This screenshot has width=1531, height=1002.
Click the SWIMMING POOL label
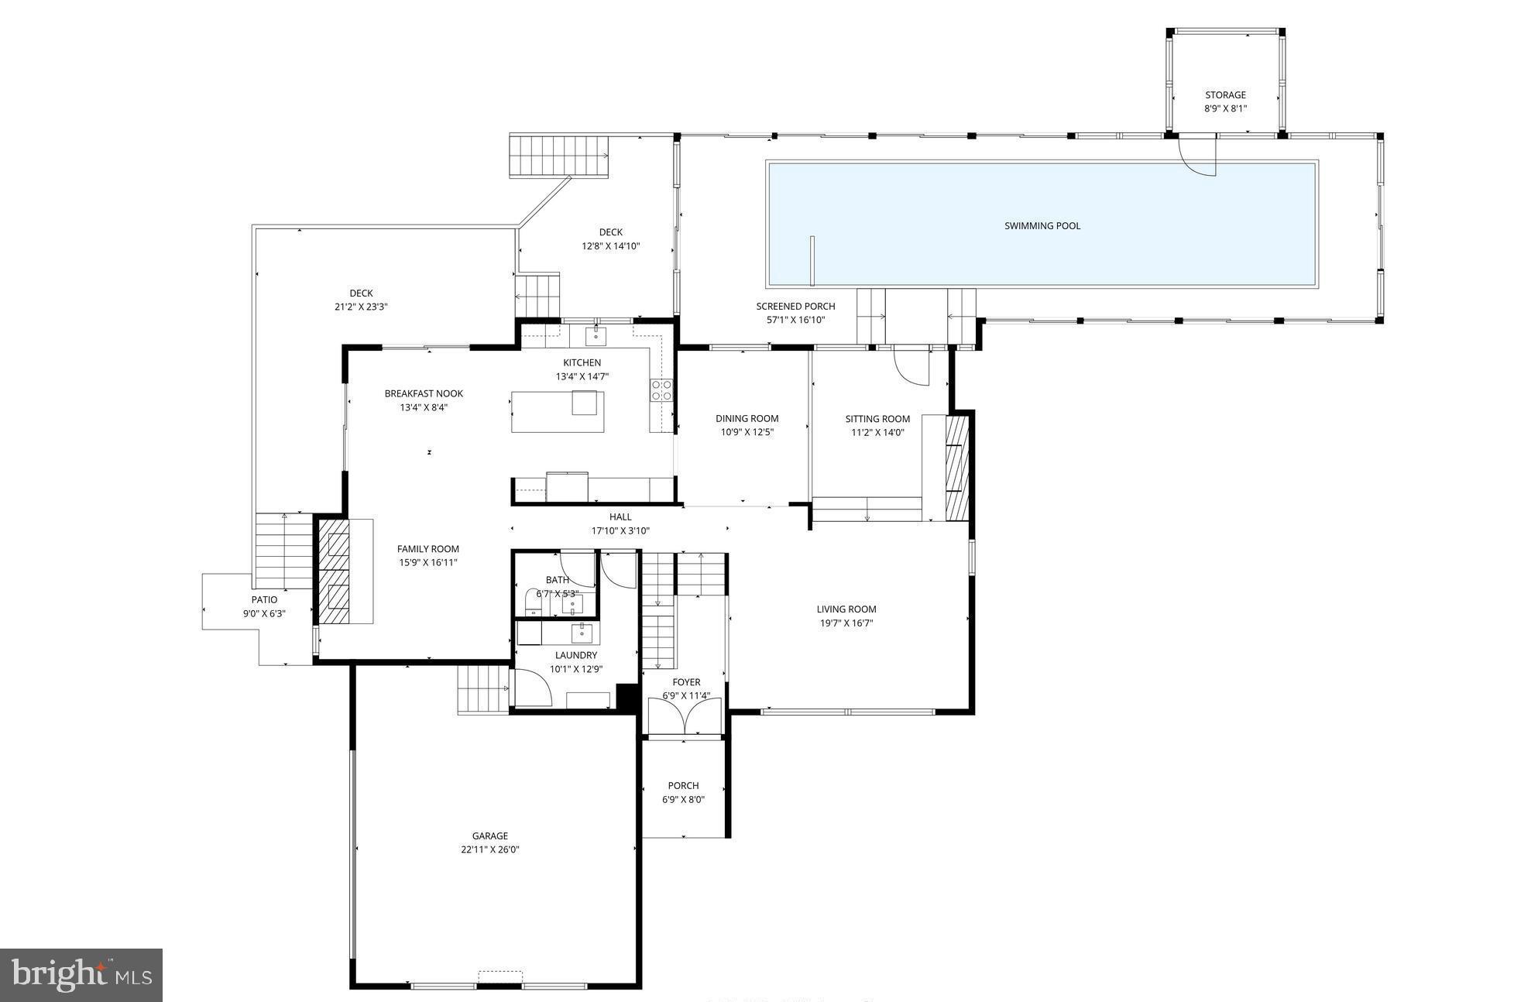tap(1042, 226)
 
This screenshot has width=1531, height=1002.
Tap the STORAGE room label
tap(1224, 95)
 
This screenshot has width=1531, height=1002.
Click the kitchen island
tap(557, 412)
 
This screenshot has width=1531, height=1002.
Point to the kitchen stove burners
tap(661, 389)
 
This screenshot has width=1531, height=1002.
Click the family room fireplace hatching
tap(335, 571)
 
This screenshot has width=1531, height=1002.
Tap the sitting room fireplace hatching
tap(957, 468)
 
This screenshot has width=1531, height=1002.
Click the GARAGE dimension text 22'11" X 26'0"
tap(489, 849)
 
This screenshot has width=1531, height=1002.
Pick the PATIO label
tap(264, 599)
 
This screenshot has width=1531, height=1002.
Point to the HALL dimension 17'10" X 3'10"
tap(620, 531)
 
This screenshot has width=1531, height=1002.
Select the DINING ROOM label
tap(747, 419)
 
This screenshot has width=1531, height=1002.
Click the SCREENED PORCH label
tap(795, 307)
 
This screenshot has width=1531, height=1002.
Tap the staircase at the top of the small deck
tap(558, 156)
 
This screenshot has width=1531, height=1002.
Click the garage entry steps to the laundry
tap(482, 689)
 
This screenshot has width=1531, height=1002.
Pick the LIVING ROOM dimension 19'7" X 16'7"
tap(846, 623)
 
